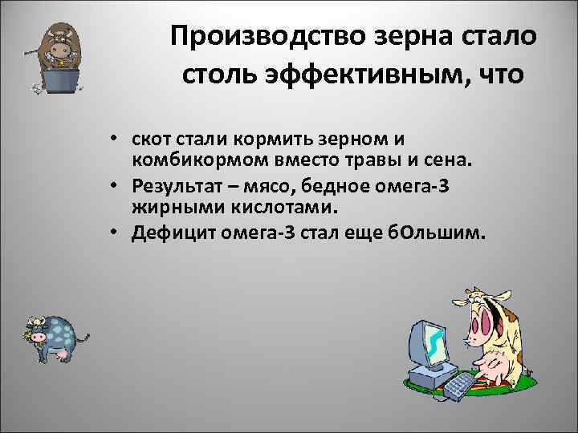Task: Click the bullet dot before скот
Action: (117, 140)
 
